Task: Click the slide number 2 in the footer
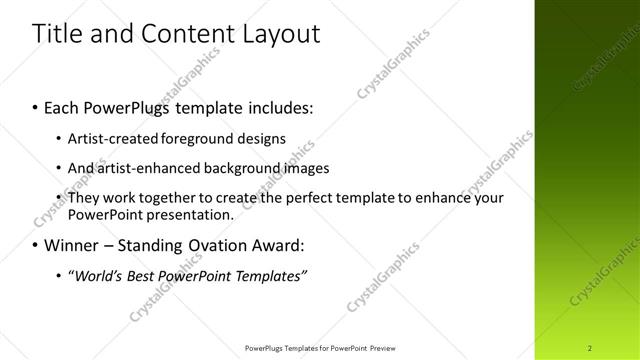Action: click(x=590, y=347)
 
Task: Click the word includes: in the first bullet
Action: click(x=271, y=107)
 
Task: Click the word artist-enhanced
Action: click(x=147, y=168)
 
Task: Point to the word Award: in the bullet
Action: click(x=276, y=245)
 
